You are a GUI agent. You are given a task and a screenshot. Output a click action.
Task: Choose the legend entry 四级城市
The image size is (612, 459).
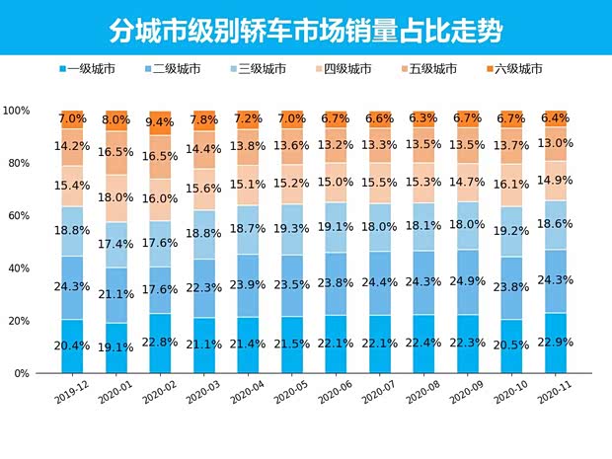click(x=346, y=69)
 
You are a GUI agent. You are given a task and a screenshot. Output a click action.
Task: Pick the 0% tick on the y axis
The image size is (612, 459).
click(x=22, y=374)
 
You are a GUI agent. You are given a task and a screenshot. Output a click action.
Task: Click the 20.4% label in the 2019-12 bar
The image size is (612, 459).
click(x=73, y=346)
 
